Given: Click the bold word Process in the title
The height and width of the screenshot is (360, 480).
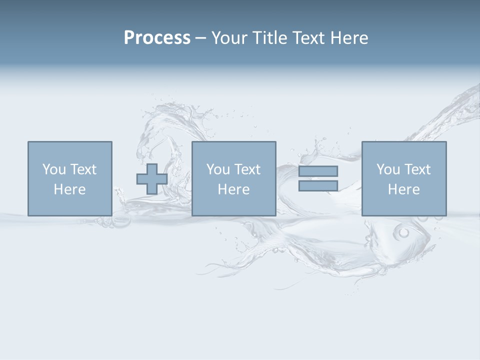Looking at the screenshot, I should click(157, 38).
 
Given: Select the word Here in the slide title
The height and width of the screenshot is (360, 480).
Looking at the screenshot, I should click(348, 38).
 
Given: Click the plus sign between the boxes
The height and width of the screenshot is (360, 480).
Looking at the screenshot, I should click(152, 179).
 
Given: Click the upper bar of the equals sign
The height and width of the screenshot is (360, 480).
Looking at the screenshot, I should click(318, 171).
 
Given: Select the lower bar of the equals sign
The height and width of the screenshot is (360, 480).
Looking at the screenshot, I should click(318, 185).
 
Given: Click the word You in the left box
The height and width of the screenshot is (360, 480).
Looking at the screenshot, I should click(54, 169).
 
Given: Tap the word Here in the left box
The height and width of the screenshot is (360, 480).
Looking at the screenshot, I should click(69, 189).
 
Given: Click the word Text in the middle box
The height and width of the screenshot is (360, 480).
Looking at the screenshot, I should click(247, 169).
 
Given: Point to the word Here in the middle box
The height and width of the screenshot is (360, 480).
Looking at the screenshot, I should click(233, 189).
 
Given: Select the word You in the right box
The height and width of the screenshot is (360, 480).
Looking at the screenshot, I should click(388, 169).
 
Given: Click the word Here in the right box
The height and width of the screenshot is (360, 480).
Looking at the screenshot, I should click(403, 189).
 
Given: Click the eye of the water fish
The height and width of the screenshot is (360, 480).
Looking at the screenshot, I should click(403, 232).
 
